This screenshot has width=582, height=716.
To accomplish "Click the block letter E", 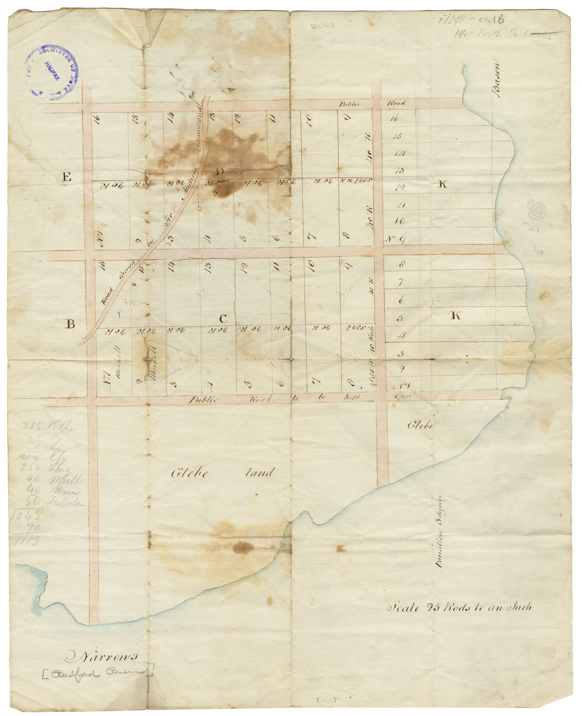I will [67, 177].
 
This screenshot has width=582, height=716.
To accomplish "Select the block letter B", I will [70, 324].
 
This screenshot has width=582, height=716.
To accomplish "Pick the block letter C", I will [223, 319].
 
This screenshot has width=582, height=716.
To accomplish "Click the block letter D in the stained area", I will [220, 171].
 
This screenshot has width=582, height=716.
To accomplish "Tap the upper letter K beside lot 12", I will [442, 184].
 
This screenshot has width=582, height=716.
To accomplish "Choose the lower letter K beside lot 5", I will [455, 316].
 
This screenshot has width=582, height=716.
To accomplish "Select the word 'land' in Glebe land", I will [259, 472].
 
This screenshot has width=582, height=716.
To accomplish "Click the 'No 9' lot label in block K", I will [395, 239].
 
